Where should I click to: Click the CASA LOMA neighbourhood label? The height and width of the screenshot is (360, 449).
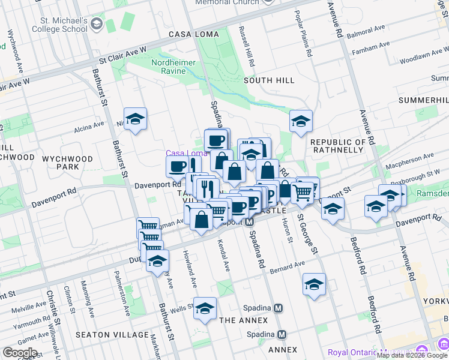pyautogui.click(x=194, y=34)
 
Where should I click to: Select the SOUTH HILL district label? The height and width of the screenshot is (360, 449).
pyautogui.click(x=269, y=80)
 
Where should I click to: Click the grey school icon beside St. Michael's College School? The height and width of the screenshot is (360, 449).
pyautogui.click(x=97, y=24)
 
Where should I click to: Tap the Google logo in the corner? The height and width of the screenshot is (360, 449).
pyautogui.click(x=20, y=353)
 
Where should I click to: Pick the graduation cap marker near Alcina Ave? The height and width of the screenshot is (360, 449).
pyautogui.click(x=136, y=118)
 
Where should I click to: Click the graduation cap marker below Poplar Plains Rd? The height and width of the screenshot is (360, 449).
pyautogui.click(x=301, y=121)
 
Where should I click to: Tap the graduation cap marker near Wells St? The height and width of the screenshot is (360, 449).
pyautogui.click(x=205, y=308)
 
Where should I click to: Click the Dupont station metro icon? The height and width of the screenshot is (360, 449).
pyautogui.click(x=249, y=222)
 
